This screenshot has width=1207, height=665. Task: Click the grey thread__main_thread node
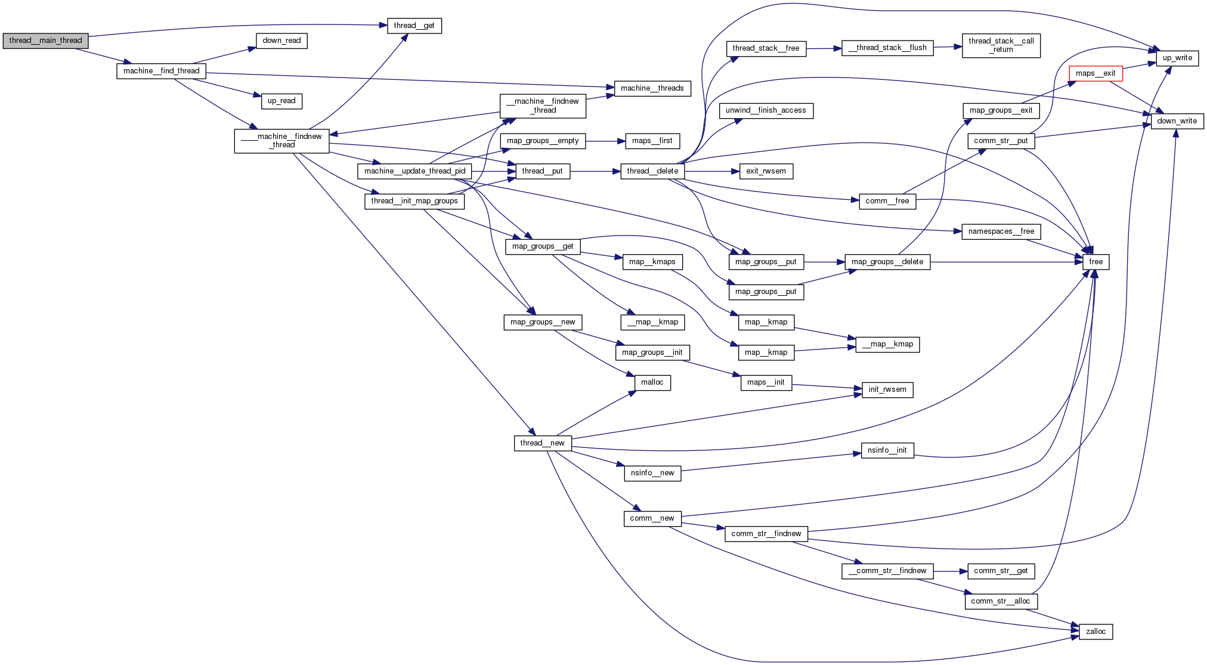click(x=45, y=41)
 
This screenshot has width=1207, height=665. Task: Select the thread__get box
click(x=414, y=26)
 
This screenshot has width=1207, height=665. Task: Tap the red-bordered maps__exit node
click(x=1095, y=73)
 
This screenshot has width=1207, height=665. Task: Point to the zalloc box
click(x=1095, y=632)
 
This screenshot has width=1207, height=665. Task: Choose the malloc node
click(x=652, y=382)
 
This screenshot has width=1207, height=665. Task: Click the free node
click(x=1095, y=262)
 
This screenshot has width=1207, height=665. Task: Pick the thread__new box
click(x=542, y=443)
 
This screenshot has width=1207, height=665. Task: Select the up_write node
click(x=1177, y=58)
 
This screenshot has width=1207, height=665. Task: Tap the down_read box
click(x=281, y=41)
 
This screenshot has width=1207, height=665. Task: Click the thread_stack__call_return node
click(x=1001, y=45)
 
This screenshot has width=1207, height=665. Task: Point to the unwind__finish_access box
click(x=766, y=110)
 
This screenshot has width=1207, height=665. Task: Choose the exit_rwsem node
click(x=766, y=171)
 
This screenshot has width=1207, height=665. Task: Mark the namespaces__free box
click(x=1001, y=231)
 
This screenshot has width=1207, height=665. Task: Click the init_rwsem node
click(x=887, y=389)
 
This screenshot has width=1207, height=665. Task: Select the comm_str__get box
click(x=1001, y=571)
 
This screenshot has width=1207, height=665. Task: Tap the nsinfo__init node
click(x=887, y=450)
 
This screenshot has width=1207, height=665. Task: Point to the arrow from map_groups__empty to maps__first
click(x=605, y=141)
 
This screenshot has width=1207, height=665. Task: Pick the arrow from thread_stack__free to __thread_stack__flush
click(x=824, y=48)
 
